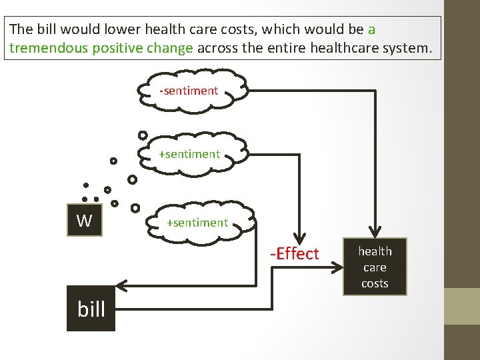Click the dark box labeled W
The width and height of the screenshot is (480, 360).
[84, 219]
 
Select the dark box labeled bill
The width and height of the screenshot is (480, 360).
[91, 308]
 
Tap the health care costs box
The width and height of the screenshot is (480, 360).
[375, 267]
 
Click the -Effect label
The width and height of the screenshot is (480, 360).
[294, 253]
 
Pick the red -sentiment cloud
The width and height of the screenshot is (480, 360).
[189, 91]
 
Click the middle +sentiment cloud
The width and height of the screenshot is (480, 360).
[189, 154]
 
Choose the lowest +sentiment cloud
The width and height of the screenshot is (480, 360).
[197, 223]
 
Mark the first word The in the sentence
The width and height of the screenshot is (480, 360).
[21, 29]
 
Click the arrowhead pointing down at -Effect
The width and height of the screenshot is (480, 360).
[300, 237]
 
